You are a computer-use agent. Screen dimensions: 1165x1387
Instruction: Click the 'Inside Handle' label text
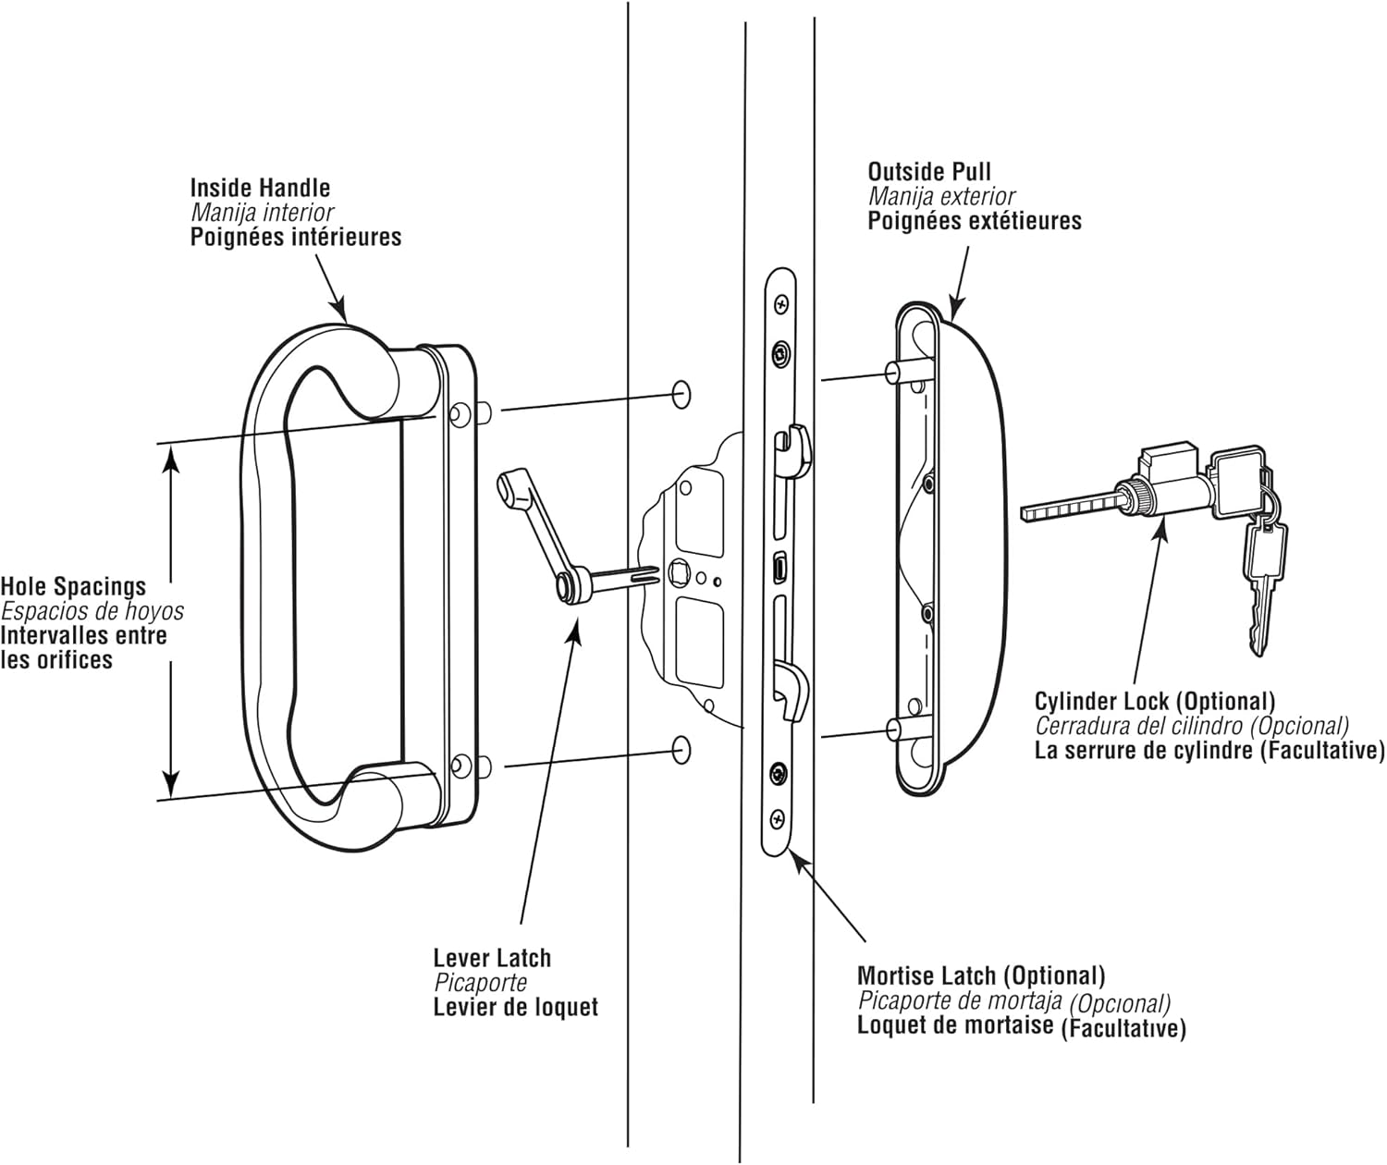(x=260, y=188)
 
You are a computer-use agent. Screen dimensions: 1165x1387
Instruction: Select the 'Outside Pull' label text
(x=928, y=172)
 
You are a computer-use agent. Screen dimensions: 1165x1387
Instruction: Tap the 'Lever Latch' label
(x=491, y=958)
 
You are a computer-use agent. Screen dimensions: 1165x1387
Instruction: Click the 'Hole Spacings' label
(x=73, y=586)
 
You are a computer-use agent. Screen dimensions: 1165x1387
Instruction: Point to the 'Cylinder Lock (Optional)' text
(x=1154, y=701)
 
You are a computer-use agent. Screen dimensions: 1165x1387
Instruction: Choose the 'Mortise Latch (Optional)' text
(x=980, y=975)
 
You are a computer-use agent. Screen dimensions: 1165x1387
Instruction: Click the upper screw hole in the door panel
(x=681, y=392)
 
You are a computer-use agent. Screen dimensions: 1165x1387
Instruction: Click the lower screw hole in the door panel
(x=681, y=749)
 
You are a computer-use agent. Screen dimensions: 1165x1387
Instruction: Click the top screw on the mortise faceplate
(x=782, y=303)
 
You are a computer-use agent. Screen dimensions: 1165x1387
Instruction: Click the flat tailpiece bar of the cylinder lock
(x=1068, y=509)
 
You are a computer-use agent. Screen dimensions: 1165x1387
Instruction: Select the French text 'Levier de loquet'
(x=515, y=1007)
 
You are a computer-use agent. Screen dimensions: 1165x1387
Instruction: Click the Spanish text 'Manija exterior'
(x=940, y=196)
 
